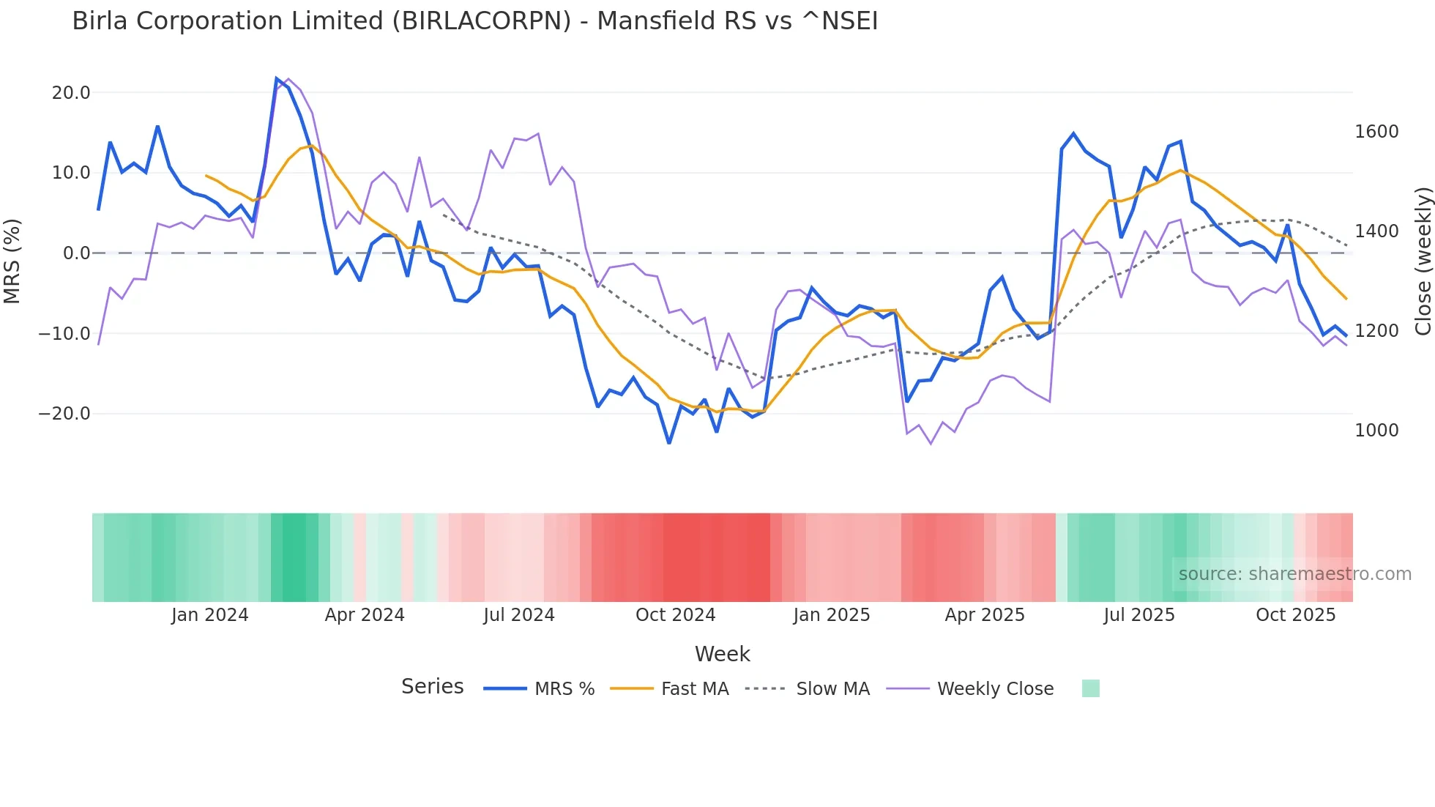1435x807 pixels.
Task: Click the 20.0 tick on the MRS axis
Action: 71,93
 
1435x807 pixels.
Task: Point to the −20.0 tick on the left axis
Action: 64,414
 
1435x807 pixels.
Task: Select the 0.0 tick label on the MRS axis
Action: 76,253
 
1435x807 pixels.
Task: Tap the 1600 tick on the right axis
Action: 1376,132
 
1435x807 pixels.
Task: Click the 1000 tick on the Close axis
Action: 1376,431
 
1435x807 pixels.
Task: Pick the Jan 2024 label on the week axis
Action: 210,615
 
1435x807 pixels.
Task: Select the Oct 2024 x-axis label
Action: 675,615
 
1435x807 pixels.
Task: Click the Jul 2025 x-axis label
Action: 1139,615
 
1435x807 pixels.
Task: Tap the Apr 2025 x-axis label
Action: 985,615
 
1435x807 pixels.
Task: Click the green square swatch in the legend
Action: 1090,688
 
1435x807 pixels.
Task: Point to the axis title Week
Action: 722,654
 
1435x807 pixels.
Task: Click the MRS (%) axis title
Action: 12,261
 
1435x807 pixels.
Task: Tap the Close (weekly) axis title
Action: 1423,261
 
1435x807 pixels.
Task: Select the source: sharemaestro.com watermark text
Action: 1294,574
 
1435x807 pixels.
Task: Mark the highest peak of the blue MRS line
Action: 277,78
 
